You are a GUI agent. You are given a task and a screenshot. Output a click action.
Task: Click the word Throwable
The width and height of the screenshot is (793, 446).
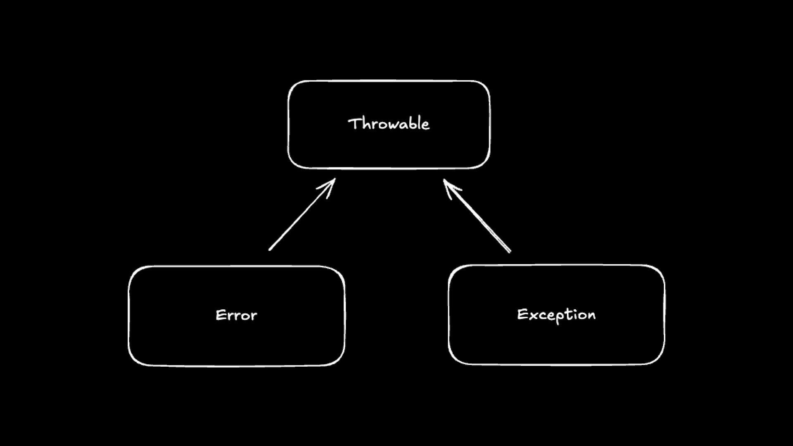pos(389,124)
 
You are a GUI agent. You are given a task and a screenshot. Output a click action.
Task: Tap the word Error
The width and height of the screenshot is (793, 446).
pos(236,316)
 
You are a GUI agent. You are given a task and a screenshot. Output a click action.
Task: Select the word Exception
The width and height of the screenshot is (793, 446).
pos(556,315)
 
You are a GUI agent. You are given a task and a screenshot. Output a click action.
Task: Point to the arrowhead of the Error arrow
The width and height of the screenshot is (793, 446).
pos(334,180)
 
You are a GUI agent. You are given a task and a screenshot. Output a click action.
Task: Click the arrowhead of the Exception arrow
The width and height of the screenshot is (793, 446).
pos(444,181)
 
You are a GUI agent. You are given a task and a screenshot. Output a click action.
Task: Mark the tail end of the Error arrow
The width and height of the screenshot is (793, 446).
pos(270,249)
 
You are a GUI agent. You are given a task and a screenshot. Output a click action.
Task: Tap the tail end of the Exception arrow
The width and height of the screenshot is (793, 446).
pos(510,251)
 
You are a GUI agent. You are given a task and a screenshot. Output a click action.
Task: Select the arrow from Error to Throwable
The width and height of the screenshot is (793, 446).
pos(302,215)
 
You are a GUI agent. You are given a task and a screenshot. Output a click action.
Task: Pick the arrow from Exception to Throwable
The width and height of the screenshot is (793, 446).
pos(477,216)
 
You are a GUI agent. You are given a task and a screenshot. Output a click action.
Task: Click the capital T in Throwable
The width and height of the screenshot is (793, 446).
pos(355,123)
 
